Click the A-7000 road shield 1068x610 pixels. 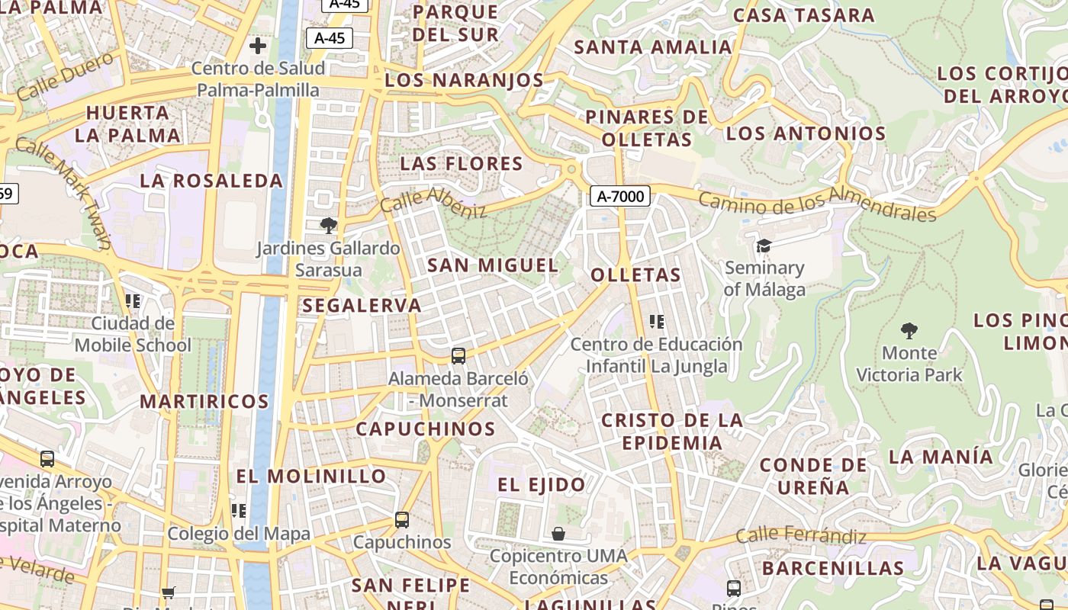pyautogui.click(x=619, y=196)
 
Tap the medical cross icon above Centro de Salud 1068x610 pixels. pyautogui.click(x=258, y=45)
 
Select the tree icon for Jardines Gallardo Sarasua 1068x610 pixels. pyautogui.click(x=329, y=225)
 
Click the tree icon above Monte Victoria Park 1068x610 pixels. pyautogui.click(x=909, y=330)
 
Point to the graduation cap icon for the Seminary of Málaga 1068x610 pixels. pyautogui.click(x=764, y=246)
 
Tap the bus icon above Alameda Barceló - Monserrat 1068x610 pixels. pyautogui.click(x=458, y=355)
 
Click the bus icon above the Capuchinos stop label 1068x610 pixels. pyautogui.click(x=402, y=520)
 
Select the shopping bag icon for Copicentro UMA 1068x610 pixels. pyautogui.click(x=558, y=533)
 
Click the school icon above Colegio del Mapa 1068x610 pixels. pyautogui.click(x=239, y=510)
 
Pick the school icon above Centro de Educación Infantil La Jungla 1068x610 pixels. pyautogui.click(x=656, y=322)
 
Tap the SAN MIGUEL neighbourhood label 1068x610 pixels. pyautogui.click(x=492, y=265)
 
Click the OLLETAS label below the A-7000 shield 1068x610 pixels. pyautogui.click(x=635, y=274)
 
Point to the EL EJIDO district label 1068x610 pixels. pyautogui.click(x=542, y=484)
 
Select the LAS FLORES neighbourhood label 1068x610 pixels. pyautogui.click(x=462, y=163)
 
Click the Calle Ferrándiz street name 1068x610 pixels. pyautogui.click(x=801, y=535)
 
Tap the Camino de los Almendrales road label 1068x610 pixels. pyautogui.click(x=816, y=206)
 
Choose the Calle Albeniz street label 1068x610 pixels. pyautogui.click(x=433, y=201)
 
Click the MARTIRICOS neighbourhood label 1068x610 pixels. pyautogui.click(x=204, y=401)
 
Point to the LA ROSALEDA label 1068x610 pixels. pyautogui.click(x=211, y=181)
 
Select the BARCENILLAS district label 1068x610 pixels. pyautogui.click(x=832, y=568)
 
